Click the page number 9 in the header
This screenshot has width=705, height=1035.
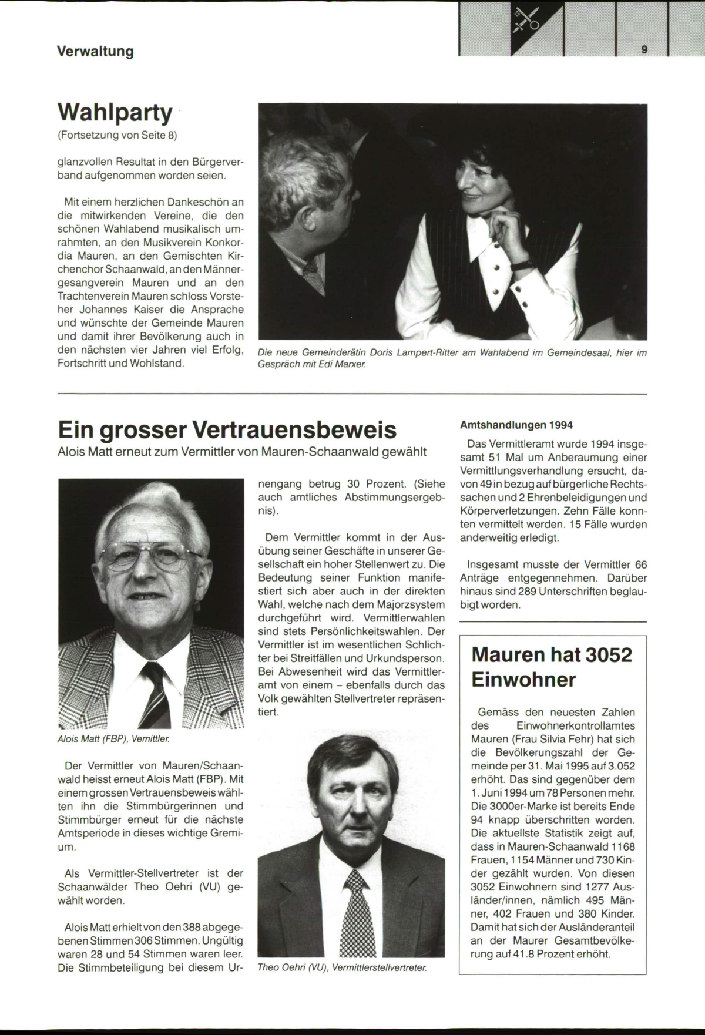click(644, 50)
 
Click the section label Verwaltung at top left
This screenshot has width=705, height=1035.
click(95, 51)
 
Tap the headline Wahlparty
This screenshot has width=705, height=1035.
click(115, 112)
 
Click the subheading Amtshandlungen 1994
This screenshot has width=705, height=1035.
click(516, 425)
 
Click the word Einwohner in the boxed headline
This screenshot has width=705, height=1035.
click(524, 680)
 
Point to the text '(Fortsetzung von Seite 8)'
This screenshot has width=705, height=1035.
click(117, 136)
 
